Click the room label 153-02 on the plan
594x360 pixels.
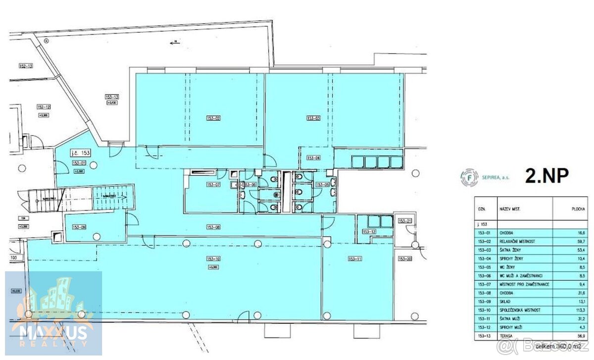coord(213,118)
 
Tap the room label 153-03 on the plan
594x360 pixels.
coord(314,118)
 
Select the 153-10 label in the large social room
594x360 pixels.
coord(213,259)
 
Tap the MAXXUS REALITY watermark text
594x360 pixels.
coord(53,334)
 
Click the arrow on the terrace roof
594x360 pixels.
coord(174,43)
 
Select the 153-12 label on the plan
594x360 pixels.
coord(369,232)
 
